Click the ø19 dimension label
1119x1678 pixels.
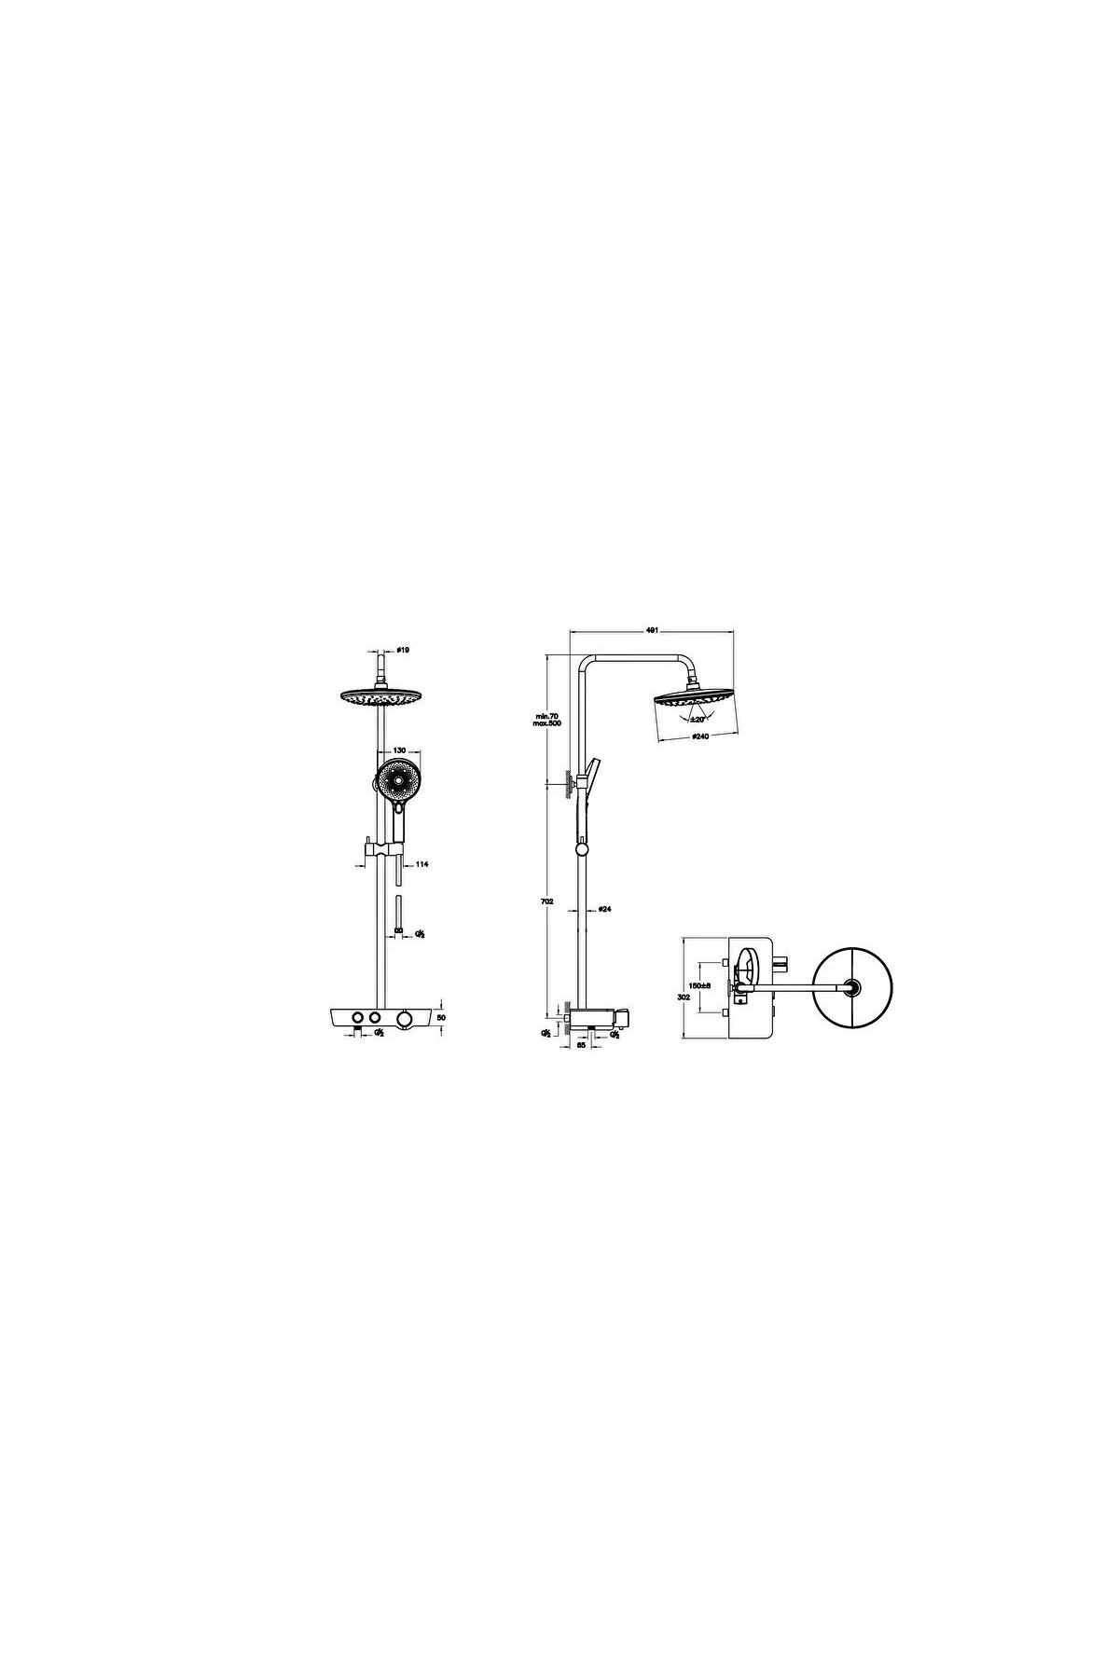click(x=402, y=649)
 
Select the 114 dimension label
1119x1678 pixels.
click(x=421, y=865)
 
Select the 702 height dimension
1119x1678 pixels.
click(x=547, y=901)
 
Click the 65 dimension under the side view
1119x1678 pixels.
click(x=582, y=1046)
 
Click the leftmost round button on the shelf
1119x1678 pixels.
click(x=356, y=1016)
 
